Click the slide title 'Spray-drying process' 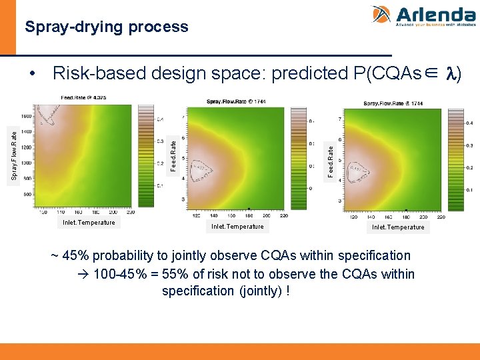click(x=107, y=27)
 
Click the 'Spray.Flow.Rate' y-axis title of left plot click(x=14, y=155)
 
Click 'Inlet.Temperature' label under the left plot click(x=89, y=223)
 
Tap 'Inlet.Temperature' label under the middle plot click(x=237, y=227)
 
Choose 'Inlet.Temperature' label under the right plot click(x=398, y=227)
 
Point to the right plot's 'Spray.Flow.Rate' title click(x=393, y=103)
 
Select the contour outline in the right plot click(x=361, y=172)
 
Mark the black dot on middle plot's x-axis click(x=249, y=208)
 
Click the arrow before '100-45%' click(x=85, y=275)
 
